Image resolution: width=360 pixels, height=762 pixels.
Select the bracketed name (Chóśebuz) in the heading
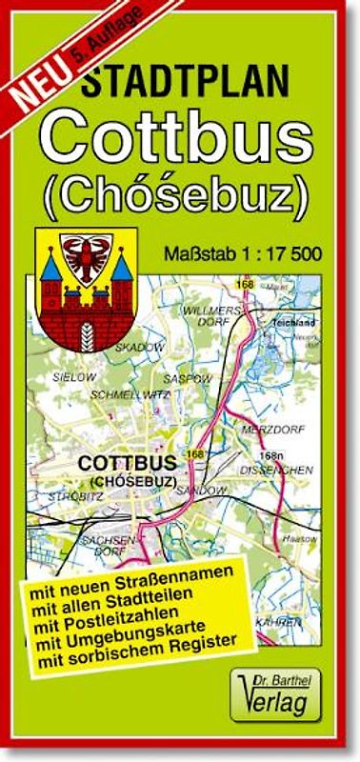pyautogui.click(x=176, y=194)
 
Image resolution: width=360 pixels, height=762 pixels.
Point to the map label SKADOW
pyautogui.click(x=139, y=348)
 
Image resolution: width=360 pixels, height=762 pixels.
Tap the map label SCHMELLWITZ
pyautogui.click(x=130, y=393)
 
